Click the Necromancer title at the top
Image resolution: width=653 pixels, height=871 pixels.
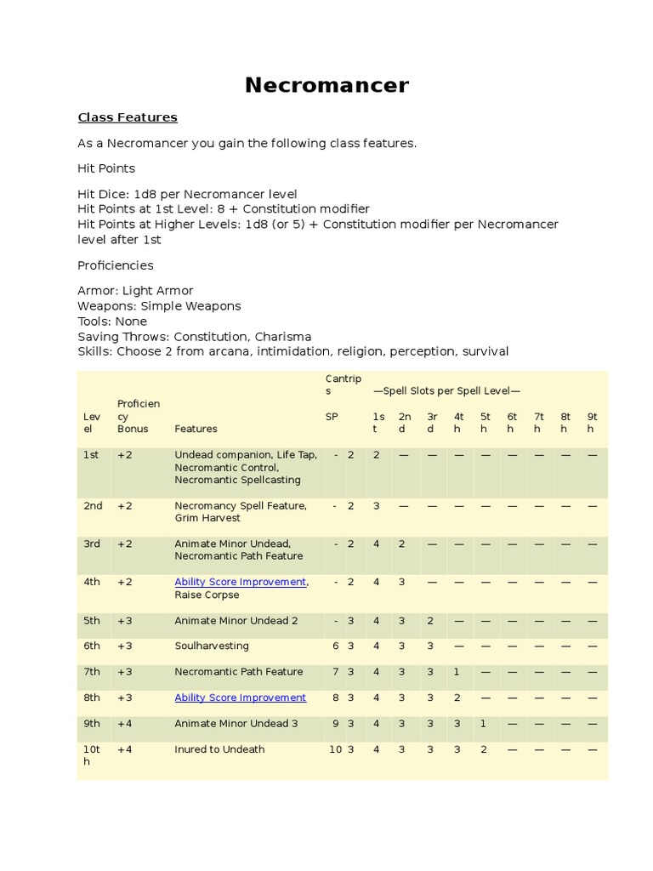[326, 85]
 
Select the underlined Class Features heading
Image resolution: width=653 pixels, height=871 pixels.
[128, 117]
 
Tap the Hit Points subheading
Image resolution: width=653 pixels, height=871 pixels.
[106, 168]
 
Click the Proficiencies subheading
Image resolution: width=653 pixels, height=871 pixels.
[116, 265]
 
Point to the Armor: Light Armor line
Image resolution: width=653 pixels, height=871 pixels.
[135, 291]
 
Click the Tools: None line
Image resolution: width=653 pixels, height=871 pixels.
[112, 322]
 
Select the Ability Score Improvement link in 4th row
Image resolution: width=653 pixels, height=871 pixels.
[241, 582]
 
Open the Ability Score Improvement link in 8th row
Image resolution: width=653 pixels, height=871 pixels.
[241, 697]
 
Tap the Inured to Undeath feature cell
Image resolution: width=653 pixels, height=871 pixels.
[219, 749]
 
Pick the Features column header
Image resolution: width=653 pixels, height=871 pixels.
[196, 429]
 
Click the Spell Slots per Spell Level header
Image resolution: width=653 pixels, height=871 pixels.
[446, 390]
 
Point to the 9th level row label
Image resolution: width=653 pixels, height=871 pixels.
[92, 724]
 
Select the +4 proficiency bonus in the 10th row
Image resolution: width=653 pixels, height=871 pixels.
[125, 749]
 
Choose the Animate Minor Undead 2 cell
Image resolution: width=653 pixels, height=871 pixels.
[236, 621]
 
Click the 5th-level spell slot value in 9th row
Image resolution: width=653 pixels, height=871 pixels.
[484, 724]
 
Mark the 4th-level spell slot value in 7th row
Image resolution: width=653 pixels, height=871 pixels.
[457, 672]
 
